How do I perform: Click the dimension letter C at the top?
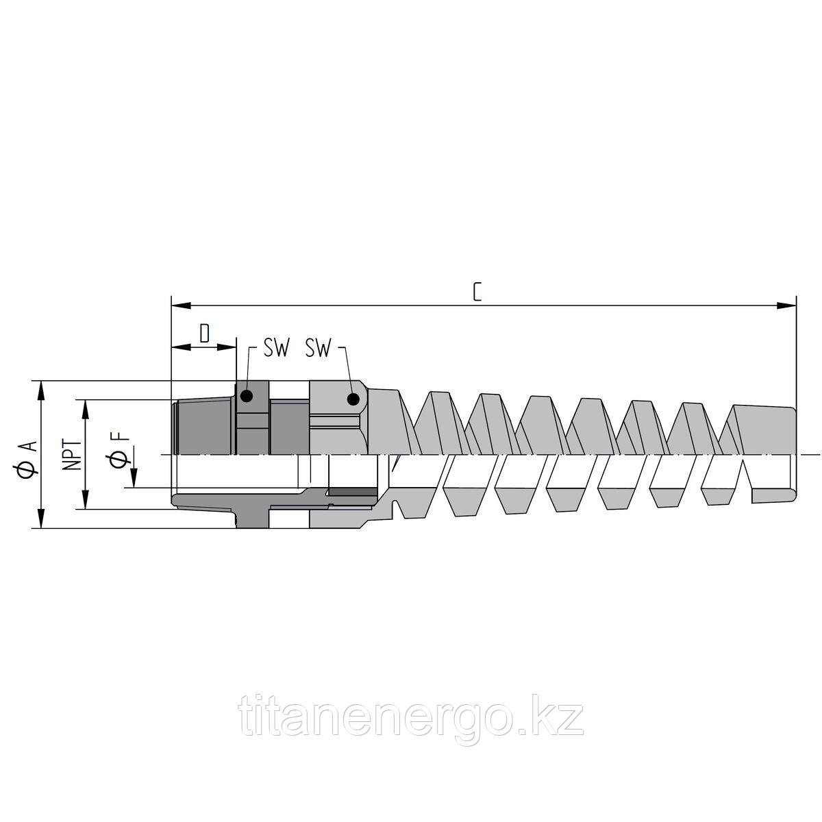[477, 292]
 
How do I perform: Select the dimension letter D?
[204, 334]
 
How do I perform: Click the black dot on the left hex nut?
[247, 395]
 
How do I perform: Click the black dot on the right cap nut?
[353, 399]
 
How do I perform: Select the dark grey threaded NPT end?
[202, 428]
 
